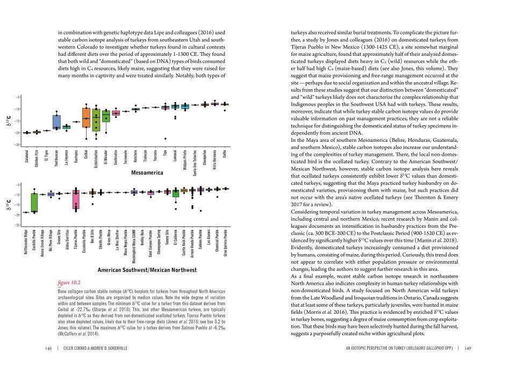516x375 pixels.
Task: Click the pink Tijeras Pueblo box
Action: (76, 199)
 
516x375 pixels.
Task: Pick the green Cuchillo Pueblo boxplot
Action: (34, 203)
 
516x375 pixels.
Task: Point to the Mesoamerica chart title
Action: (147, 173)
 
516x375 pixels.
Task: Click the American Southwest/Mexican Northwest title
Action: (147, 269)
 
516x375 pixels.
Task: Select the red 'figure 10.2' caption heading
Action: (68, 282)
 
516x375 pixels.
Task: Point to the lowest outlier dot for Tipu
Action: (165, 139)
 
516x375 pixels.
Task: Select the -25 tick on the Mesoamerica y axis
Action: (18, 145)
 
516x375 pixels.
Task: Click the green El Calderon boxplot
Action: (176, 193)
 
